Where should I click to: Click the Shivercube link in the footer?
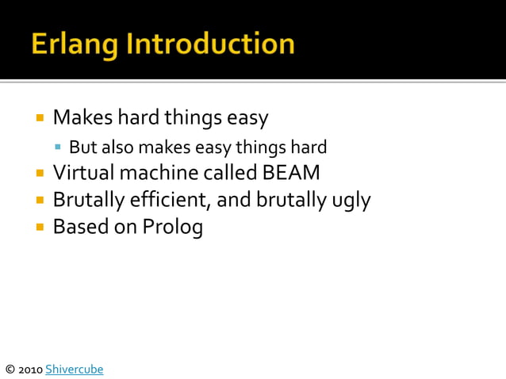(75, 369)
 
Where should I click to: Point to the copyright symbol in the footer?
(10, 369)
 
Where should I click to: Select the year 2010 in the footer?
(31, 369)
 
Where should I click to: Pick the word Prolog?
(173, 227)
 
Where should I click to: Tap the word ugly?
(350, 200)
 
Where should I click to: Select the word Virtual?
(79, 172)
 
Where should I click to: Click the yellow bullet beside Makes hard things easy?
(39, 118)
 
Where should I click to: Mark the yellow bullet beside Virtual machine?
(39, 172)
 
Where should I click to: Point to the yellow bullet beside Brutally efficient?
(39, 200)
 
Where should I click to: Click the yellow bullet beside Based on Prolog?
(39, 227)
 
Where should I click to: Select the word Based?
(77, 227)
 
